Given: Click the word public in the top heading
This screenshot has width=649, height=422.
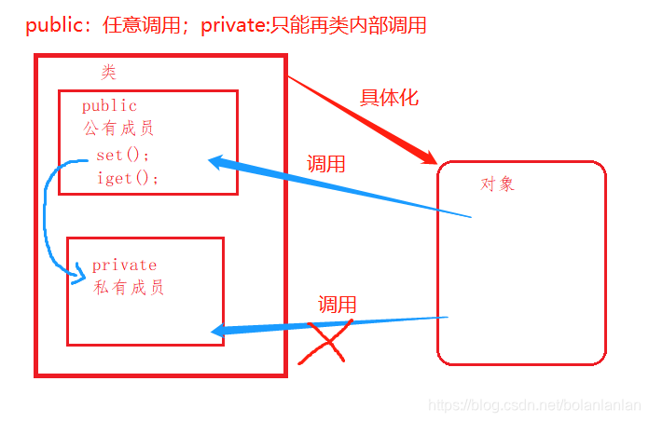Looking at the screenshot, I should coord(54,25).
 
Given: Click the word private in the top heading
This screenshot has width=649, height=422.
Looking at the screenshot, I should coord(231,25).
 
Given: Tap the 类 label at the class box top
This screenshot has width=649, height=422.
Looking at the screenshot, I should coord(109,72).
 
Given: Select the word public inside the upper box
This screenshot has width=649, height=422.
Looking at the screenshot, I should coord(109,106).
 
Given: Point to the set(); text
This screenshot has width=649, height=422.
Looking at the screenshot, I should coord(123,155).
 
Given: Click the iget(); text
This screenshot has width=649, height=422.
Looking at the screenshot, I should coord(129,178).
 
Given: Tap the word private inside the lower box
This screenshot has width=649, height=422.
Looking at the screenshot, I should coord(124,265).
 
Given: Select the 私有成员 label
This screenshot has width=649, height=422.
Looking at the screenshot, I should coord(130,288).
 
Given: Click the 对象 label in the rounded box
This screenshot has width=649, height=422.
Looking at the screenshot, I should coord(497,184).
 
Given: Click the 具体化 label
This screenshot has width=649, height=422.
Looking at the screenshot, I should coord(389,98).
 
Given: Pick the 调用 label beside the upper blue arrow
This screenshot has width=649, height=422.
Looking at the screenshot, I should coord(326,165).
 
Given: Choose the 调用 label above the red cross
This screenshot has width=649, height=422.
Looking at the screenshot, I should coord(338,305).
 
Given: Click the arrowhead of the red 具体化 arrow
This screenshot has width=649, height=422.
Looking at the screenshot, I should coord(430,158).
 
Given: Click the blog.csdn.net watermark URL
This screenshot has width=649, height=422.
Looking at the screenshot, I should coord(533,406).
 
